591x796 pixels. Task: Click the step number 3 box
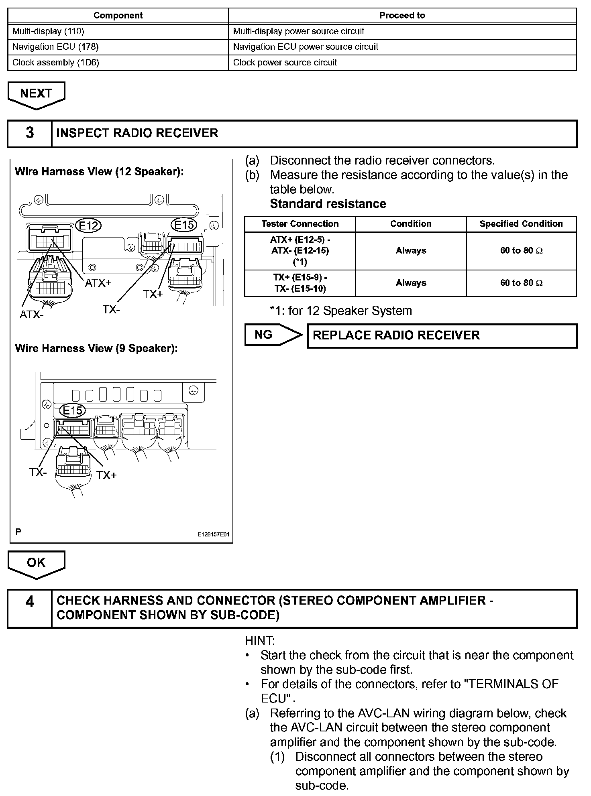click(30, 133)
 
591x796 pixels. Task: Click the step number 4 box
click(30, 608)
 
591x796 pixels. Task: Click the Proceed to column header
click(402, 16)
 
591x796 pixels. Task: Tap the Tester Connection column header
click(300, 224)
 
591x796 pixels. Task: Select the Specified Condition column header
click(521, 224)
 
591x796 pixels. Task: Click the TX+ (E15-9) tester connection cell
click(300, 283)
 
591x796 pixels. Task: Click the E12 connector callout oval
click(88, 225)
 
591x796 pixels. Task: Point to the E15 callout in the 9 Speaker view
click(72, 410)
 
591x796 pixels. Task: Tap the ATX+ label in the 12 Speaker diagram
click(98, 283)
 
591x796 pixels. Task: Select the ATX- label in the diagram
click(31, 315)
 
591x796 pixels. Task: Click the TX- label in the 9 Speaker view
click(38, 473)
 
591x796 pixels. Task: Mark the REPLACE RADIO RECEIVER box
click(442, 335)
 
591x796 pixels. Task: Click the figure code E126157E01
click(213, 534)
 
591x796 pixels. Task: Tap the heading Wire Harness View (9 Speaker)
click(96, 348)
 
